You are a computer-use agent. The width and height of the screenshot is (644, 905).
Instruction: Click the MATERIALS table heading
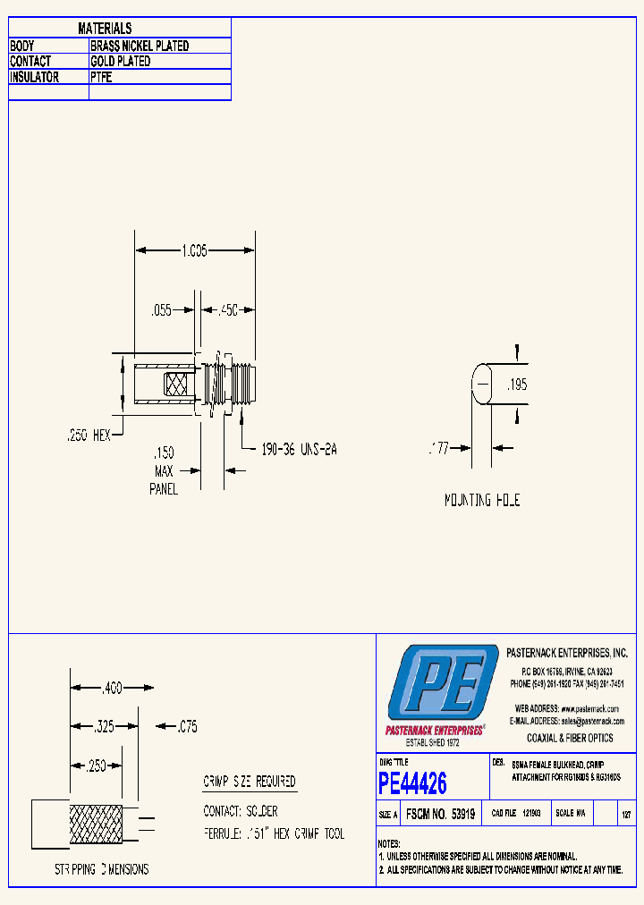(105, 30)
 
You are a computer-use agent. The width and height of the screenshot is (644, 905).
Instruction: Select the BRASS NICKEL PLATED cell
(140, 46)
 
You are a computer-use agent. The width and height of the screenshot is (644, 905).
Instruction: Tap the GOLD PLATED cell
(121, 62)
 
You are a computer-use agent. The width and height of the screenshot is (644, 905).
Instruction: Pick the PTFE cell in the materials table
(101, 78)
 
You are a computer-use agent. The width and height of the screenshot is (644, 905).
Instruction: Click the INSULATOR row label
(34, 78)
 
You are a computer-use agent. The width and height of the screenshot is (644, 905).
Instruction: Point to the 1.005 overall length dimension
(194, 252)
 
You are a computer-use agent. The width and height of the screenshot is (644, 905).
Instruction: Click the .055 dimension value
(161, 310)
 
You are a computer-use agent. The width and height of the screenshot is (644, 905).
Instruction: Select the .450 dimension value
(227, 310)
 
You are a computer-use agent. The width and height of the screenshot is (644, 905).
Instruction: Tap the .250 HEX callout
(89, 435)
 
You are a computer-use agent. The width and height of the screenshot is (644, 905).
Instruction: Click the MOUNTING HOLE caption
(482, 501)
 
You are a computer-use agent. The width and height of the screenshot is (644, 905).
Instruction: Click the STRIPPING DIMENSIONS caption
(102, 869)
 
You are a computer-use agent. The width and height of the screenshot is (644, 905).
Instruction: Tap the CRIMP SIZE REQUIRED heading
(250, 782)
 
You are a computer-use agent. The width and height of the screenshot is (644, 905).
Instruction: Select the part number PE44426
(412, 784)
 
